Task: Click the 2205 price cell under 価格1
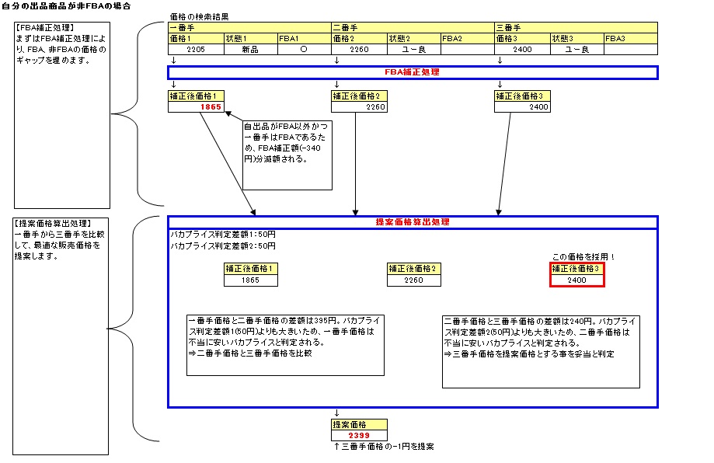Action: click(x=196, y=50)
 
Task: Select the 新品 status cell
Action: click(x=250, y=50)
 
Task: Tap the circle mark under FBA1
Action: click(x=304, y=50)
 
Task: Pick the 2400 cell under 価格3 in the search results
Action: click(x=522, y=50)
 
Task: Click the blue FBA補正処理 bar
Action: click(x=413, y=72)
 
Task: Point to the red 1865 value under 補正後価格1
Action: click(x=211, y=107)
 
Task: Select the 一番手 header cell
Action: click(x=249, y=27)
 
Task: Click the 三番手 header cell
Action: click(x=576, y=27)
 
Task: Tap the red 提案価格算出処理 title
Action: click(x=413, y=222)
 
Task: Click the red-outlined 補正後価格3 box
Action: click(x=576, y=274)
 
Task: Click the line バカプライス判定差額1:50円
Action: click(x=223, y=235)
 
